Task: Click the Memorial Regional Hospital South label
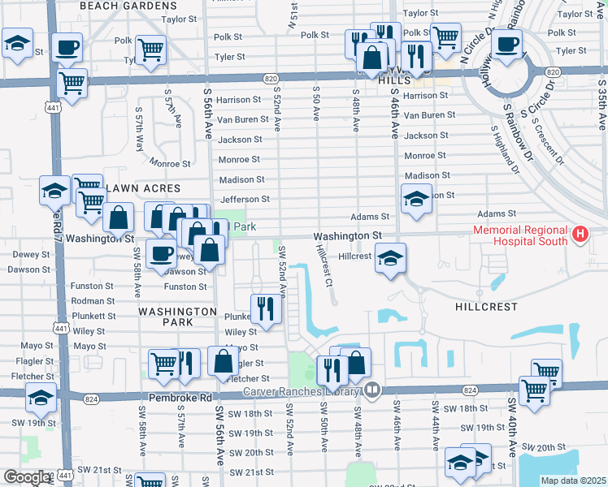[521, 235]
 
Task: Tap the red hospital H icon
[580, 235]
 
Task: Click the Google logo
[27, 476]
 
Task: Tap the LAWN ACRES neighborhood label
[141, 188]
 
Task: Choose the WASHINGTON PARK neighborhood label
[177, 317]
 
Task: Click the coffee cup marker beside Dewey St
[162, 254]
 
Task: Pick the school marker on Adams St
[415, 199]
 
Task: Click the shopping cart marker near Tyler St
[150, 50]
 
